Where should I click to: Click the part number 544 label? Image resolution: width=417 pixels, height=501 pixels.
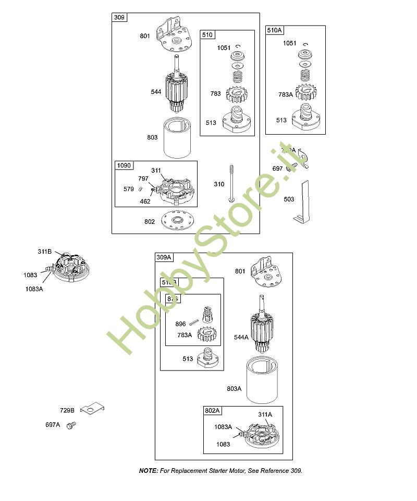click(156, 92)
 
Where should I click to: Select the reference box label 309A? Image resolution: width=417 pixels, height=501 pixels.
click(164, 257)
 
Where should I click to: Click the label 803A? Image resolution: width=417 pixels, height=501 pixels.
click(234, 389)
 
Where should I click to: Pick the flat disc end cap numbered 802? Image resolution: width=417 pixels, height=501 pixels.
click(177, 221)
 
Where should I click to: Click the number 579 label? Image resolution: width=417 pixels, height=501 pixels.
click(129, 189)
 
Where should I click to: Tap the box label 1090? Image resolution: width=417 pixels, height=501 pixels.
click(124, 165)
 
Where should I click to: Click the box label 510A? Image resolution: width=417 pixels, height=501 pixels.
click(274, 30)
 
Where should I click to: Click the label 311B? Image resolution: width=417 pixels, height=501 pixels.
click(45, 252)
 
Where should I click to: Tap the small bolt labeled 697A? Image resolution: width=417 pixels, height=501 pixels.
click(71, 425)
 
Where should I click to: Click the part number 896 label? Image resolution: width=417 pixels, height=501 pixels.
click(181, 324)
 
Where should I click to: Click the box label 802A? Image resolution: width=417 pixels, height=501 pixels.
click(213, 411)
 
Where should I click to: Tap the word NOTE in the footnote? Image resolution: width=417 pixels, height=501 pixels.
click(148, 471)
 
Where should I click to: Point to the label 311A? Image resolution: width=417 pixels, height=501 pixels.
click(265, 414)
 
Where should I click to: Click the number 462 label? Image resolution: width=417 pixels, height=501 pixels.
click(145, 201)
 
